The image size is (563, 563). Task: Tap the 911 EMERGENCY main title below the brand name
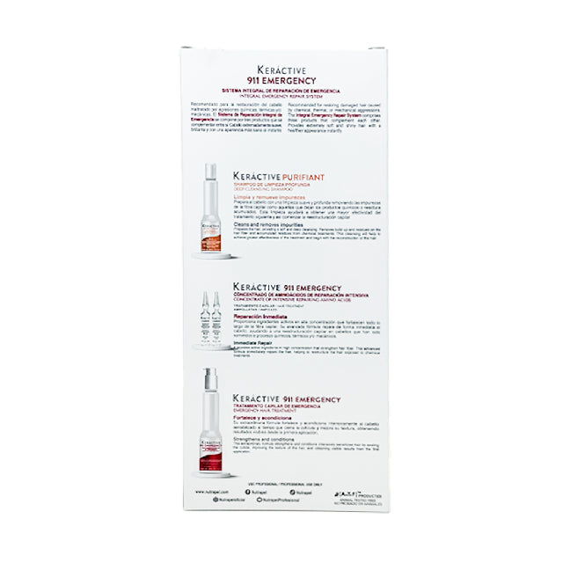[x=281, y=79]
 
